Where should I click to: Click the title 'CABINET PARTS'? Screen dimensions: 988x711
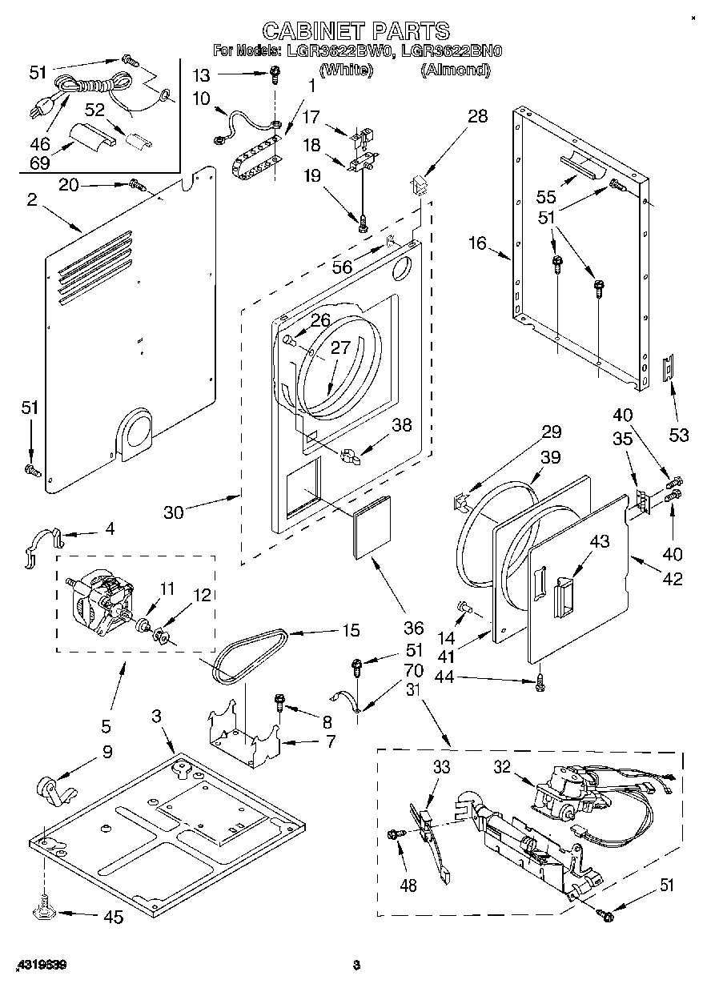[356, 30]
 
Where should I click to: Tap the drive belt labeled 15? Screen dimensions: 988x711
[248, 656]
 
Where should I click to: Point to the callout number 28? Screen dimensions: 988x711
[477, 117]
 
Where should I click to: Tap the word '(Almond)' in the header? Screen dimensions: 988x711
[455, 70]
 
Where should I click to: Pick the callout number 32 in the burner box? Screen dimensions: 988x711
[501, 767]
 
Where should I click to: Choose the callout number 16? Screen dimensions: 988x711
[477, 243]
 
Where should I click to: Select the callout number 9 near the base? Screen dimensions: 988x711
[106, 752]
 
